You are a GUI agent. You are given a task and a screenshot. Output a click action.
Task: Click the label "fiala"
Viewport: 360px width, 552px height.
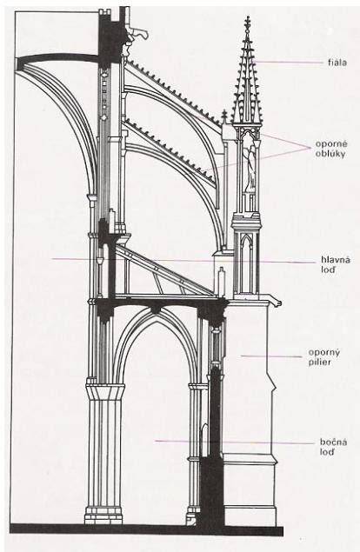click(x=337, y=63)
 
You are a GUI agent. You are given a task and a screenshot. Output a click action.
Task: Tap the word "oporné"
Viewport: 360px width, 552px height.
click(x=331, y=144)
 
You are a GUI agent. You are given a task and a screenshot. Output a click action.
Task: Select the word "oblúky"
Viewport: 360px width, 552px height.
click(x=330, y=154)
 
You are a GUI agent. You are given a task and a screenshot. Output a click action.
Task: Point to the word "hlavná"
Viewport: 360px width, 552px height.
click(x=336, y=260)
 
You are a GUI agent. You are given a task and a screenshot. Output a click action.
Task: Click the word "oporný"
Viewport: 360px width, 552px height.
click(x=324, y=352)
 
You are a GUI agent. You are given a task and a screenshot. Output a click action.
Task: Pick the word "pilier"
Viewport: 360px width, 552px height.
click(x=320, y=362)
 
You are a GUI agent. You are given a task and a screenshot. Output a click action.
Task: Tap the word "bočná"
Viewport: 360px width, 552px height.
click(x=333, y=442)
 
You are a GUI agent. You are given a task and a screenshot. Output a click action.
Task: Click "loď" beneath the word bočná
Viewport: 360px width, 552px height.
click(x=327, y=452)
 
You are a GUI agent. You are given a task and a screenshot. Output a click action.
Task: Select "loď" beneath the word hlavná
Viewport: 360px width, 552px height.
click(x=329, y=270)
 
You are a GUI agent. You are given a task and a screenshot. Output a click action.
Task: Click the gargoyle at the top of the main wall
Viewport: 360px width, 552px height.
click(x=137, y=34)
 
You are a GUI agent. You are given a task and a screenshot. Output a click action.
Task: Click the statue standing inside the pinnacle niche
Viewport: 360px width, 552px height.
click(x=250, y=166)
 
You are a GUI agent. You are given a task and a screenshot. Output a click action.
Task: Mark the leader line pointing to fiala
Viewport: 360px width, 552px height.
click(x=288, y=63)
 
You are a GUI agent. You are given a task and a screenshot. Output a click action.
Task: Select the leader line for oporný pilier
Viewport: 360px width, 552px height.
click(x=271, y=356)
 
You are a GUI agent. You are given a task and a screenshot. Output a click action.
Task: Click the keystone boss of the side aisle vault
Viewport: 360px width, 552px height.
click(x=156, y=310)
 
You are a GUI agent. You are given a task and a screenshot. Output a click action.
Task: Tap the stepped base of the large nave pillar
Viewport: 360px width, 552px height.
click(x=104, y=515)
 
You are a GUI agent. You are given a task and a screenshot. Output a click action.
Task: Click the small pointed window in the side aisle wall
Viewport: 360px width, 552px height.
click(x=204, y=440)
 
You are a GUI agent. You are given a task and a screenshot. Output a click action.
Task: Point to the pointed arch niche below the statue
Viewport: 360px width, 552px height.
click(x=247, y=264)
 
